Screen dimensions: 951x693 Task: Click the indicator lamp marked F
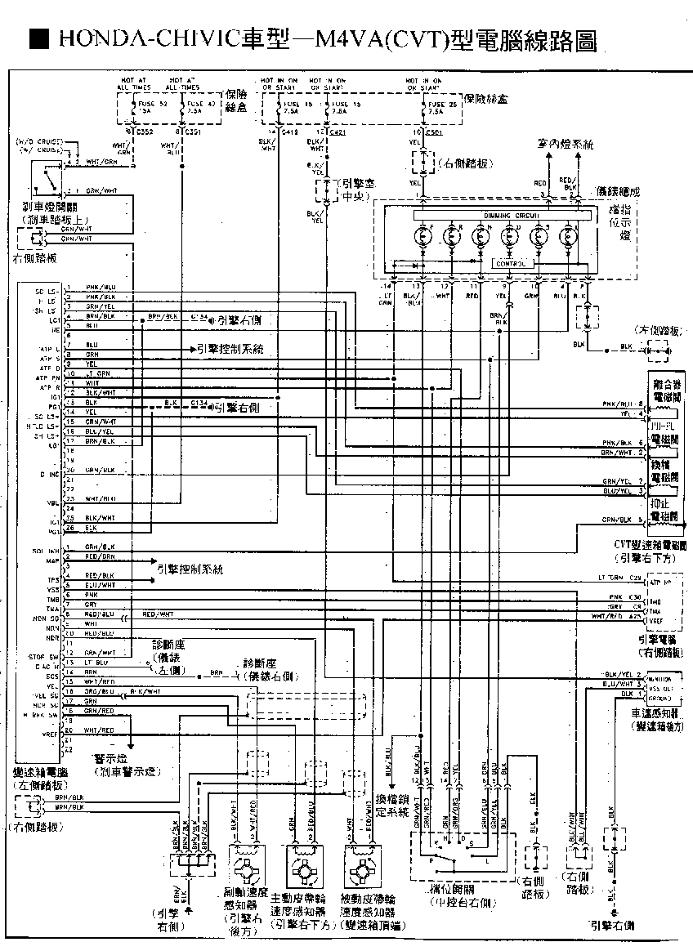[423, 237]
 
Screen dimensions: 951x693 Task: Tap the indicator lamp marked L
[568, 237]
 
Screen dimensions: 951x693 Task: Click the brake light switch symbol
[50, 176]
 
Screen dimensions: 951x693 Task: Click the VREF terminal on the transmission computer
[50, 734]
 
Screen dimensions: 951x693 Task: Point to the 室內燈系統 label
[566, 144]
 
